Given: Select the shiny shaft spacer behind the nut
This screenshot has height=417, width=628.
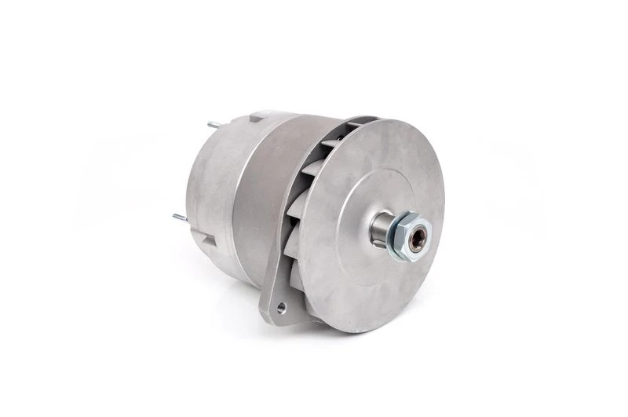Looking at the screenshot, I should tap(380, 230).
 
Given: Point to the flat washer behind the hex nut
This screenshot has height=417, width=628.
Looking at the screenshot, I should tap(395, 236).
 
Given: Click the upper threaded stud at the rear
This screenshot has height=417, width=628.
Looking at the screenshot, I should tap(213, 124).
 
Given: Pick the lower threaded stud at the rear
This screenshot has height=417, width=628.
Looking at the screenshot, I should tap(180, 217).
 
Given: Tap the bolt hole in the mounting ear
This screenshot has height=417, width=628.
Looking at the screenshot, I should tap(282, 309).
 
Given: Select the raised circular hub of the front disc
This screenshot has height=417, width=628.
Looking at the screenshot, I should tap(369, 220).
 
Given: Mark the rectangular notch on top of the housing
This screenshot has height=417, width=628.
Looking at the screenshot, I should tap(256, 119).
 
